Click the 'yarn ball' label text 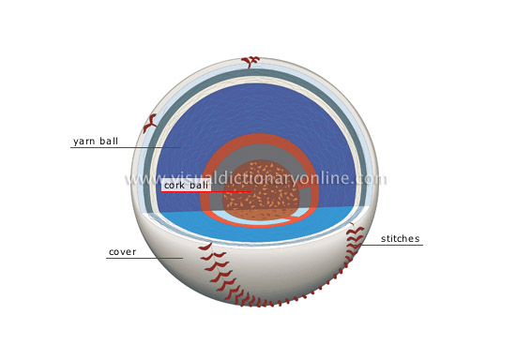[x=96, y=142]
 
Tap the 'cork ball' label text [x=186, y=186]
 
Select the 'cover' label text [x=122, y=252]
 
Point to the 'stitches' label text [x=401, y=239]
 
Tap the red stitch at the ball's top [x=250, y=62]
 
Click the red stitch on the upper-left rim [x=150, y=122]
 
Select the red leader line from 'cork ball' [x=230, y=192]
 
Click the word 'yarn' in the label [x=85, y=142]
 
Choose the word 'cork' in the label [x=175, y=186]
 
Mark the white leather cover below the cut [x=281, y=267]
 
